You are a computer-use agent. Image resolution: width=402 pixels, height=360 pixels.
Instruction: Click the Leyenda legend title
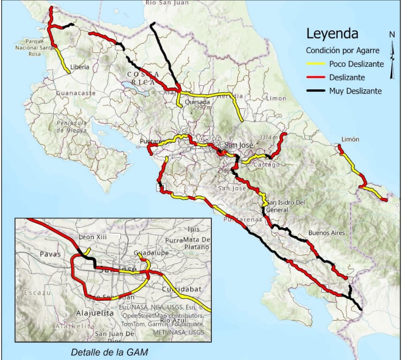click(332, 34)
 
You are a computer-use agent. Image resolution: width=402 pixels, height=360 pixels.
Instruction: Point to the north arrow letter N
click(392, 34)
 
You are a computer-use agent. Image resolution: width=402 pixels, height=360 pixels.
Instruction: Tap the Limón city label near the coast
click(349, 139)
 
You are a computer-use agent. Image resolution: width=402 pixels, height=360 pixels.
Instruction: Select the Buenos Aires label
click(327, 233)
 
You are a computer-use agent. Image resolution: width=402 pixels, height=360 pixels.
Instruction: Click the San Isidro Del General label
click(287, 206)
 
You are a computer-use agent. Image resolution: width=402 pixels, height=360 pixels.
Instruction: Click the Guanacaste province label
click(76, 93)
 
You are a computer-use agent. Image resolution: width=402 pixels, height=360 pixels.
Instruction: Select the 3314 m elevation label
click(268, 137)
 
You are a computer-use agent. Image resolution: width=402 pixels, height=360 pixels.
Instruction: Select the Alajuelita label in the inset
click(94, 313)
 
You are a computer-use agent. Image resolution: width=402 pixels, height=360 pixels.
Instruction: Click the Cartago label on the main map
click(266, 165)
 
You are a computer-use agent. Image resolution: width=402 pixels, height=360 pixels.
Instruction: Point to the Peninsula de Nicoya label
click(72, 126)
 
